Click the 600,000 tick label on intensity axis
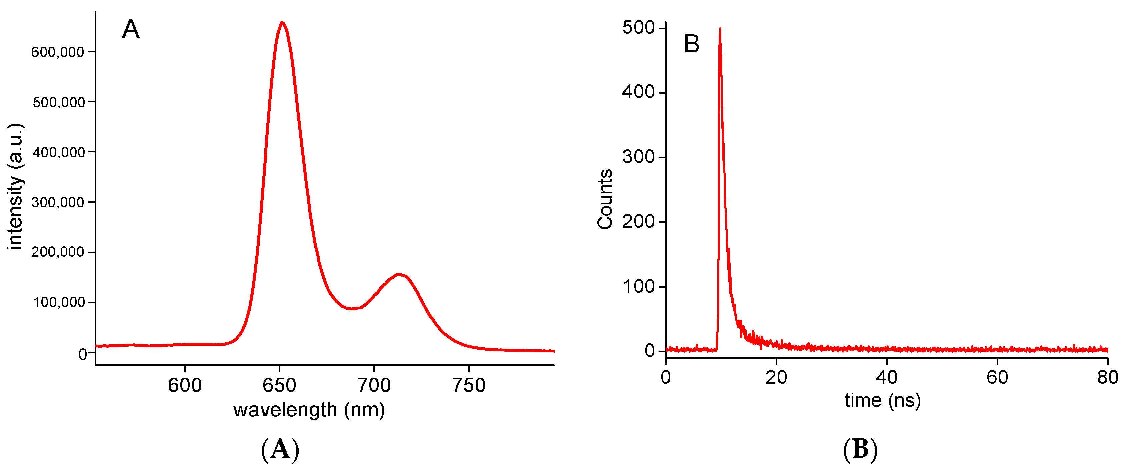(x=57, y=52)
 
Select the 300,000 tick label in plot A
(x=57, y=202)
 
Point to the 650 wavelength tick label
(x=279, y=385)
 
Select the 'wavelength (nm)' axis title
(x=309, y=410)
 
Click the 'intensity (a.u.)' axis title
(x=16, y=186)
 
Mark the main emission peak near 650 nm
(x=282, y=23)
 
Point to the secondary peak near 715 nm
(x=399, y=275)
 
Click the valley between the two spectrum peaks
(x=353, y=309)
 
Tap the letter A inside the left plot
(x=131, y=30)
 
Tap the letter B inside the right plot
(x=691, y=44)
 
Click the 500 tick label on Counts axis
(x=638, y=28)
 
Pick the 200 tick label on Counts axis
(x=638, y=221)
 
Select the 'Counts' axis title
(x=605, y=199)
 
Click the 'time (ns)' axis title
(x=883, y=400)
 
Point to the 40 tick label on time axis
(x=887, y=377)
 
